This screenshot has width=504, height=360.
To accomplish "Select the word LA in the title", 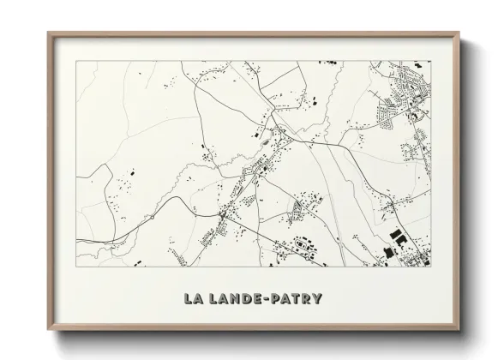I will [x=192, y=299].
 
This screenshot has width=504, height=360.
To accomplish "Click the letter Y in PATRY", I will [x=317, y=299].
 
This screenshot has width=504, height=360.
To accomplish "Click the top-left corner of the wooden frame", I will [x=48, y=33].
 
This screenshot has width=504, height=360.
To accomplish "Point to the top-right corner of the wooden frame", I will [x=460, y=33].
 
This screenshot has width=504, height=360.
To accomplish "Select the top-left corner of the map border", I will [x=76, y=62].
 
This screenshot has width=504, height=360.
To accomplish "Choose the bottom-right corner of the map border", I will [x=431, y=266].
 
